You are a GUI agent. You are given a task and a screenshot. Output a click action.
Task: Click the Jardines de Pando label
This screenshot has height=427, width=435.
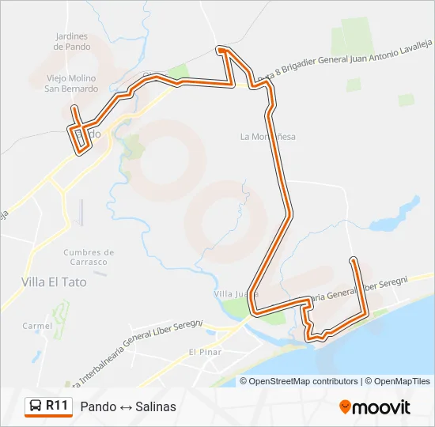(x=72, y=41)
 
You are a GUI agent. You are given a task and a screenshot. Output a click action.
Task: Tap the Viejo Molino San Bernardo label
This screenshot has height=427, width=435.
(x=71, y=84)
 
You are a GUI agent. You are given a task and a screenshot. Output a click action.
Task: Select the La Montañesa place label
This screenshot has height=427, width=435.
(x=268, y=136)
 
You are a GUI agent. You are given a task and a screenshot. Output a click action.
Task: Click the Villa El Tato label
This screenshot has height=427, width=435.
(x=55, y=281)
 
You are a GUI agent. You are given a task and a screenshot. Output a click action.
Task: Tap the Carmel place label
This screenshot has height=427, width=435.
(x=37, y=326)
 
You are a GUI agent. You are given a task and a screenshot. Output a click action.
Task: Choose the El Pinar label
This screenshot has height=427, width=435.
(x=205, y=351)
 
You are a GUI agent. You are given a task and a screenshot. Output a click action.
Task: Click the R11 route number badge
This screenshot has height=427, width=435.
(x=56, y=406)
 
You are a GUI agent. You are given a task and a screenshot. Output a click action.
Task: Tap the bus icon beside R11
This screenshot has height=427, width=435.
(x=36, y=406)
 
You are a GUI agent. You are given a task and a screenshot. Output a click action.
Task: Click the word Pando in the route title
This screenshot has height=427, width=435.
(x=97, y=406)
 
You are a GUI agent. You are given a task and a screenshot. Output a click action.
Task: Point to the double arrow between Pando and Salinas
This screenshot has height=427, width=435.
(x=126, y=406)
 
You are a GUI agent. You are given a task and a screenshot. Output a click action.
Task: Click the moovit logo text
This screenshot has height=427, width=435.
(x=382, y=407)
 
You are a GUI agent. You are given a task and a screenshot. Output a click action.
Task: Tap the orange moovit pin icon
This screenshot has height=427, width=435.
(x=345, y=407)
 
